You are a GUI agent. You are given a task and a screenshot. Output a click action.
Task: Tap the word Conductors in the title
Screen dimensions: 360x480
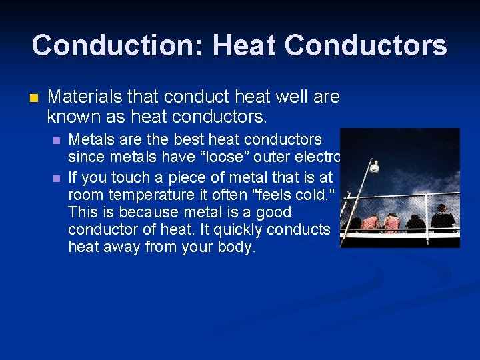[365, 46]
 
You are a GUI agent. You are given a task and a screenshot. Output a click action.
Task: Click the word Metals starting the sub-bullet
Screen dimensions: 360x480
[90, 140]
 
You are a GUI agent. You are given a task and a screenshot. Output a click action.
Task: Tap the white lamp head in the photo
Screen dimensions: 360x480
[375, 166]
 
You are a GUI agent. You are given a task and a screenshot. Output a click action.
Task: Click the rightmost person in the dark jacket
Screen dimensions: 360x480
[441, 219]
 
